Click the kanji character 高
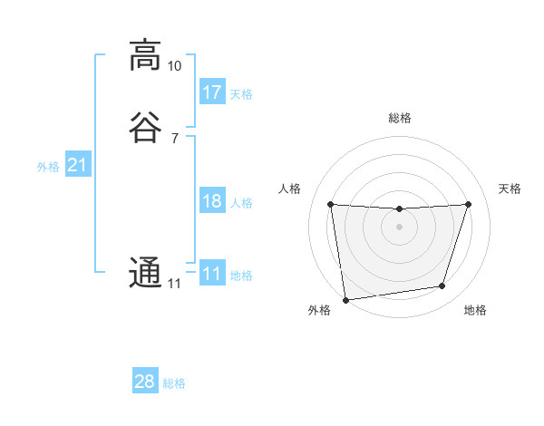[x=144, y=55]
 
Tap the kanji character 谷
[x=144, y=126]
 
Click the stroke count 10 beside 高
[x=174, y=67]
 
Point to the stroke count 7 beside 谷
[x=174, y=138]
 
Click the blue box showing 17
[x=212, y=92]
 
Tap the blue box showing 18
[x=212, y=201]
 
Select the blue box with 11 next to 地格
[x=212, y=274]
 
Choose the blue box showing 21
[x=77, y=165]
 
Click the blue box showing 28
[x=145, y=382]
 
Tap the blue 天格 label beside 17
[x=241, y=94]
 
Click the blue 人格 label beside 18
[x=241, y=203]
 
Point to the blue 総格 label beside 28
[x=174, y=383]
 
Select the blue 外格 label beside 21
[x=48, y=167]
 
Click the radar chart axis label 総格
[x=400, y=119]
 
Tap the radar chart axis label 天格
[x=510, y=189]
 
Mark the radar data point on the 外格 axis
[x=345, y=299]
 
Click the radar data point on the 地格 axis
[x=442, y=286]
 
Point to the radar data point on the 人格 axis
[x=330, y=204]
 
